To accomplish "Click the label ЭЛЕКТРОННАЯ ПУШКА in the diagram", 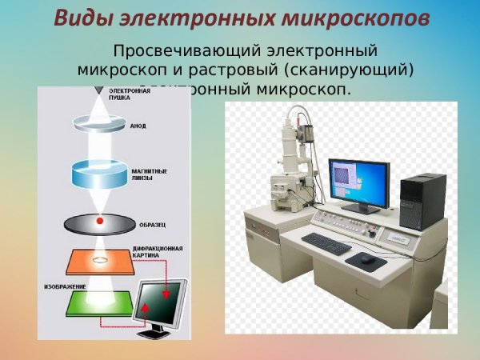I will tap(130, 95).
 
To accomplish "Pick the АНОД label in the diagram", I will tap(138, 126).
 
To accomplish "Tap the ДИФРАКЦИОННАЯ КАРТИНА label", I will tap(157, 252).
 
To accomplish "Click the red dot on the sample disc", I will tap(100, 220).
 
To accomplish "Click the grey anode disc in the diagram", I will tap(98, 124).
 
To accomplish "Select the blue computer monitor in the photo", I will tap(358, 181).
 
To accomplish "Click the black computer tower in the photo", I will tap(422, 201).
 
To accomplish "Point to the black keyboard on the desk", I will tap(326, 243).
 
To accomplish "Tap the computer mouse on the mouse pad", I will tap(366, 258).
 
